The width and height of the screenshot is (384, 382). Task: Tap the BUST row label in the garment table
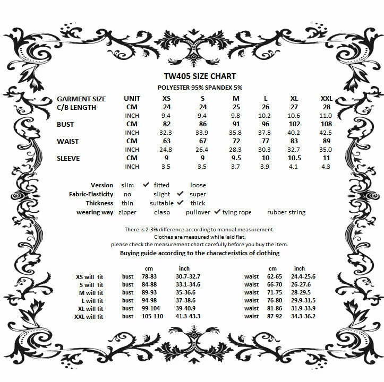pyautogui.click(x=66, y=125)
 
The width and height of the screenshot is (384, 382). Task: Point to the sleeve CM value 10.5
pyautogui.click(x=294, y=158)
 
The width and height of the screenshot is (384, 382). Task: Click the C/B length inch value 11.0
pyautogui.click(x=326, y=115)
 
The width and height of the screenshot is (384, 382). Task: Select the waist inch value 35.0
pyautogui.click(x=326, y=150)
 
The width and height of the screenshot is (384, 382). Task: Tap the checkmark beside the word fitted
pyautogui.click(x=146, y=185)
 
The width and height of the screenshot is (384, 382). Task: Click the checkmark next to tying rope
pyautogui.click(x=217, y=212)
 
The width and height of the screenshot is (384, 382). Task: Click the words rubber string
pyautogui.click(x=286, y=212)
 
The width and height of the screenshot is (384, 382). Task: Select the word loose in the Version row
pyautogui.click(x=198, y=185)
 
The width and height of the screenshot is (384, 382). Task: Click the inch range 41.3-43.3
pyautogui.click(x=189, y=317)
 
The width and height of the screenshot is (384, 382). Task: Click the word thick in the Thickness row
pyautogui.click(x=198, y=203)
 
